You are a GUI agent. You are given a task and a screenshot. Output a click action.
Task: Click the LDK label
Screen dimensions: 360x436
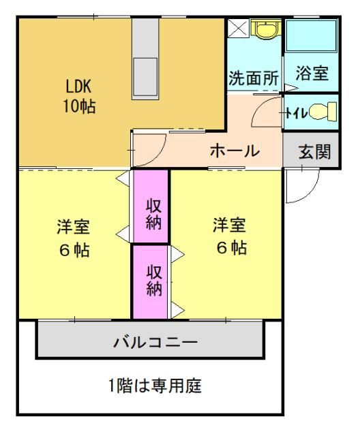[x=78, y=86]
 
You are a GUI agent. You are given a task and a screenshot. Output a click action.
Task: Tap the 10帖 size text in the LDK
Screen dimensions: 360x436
[x=80, y=106]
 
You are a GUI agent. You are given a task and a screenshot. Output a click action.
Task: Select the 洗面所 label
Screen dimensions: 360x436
[x=254, y=78]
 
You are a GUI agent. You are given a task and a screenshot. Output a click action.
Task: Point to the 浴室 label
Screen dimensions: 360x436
[x=312, y=73]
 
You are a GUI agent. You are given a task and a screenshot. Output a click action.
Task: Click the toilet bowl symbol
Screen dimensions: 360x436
[x=322, y=112]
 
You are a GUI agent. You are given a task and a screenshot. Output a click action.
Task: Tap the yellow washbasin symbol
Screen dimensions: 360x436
[x=266, y=28]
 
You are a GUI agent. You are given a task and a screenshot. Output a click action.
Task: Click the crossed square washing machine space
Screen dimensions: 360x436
[x=239, y=28]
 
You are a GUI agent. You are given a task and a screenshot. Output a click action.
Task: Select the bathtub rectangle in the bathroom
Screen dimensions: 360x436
[x=312, y=35]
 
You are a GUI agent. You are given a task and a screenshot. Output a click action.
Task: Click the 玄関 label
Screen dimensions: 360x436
[x=314, y=152]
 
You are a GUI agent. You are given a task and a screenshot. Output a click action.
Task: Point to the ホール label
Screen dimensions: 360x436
[x=235, y=151]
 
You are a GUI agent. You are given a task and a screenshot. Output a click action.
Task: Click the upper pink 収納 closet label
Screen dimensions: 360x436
[x=153, y=215]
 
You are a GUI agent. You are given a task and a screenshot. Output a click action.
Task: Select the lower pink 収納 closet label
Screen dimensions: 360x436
[x=154, y=280]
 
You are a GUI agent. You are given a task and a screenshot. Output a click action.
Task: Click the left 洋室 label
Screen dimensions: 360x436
[x=73, y=227]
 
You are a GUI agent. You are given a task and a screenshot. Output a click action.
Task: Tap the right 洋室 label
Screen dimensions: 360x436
[x=229, y=225]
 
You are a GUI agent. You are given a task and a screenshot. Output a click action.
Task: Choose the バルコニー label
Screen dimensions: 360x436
[x=155, y=342]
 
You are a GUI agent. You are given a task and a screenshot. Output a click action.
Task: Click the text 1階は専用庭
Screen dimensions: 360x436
[x=155, y=386]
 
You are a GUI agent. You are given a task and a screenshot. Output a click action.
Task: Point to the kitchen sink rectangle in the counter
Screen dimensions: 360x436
[x=145, y=77]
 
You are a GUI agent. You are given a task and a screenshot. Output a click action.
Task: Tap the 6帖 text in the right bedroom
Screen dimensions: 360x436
[x=231, y=247]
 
